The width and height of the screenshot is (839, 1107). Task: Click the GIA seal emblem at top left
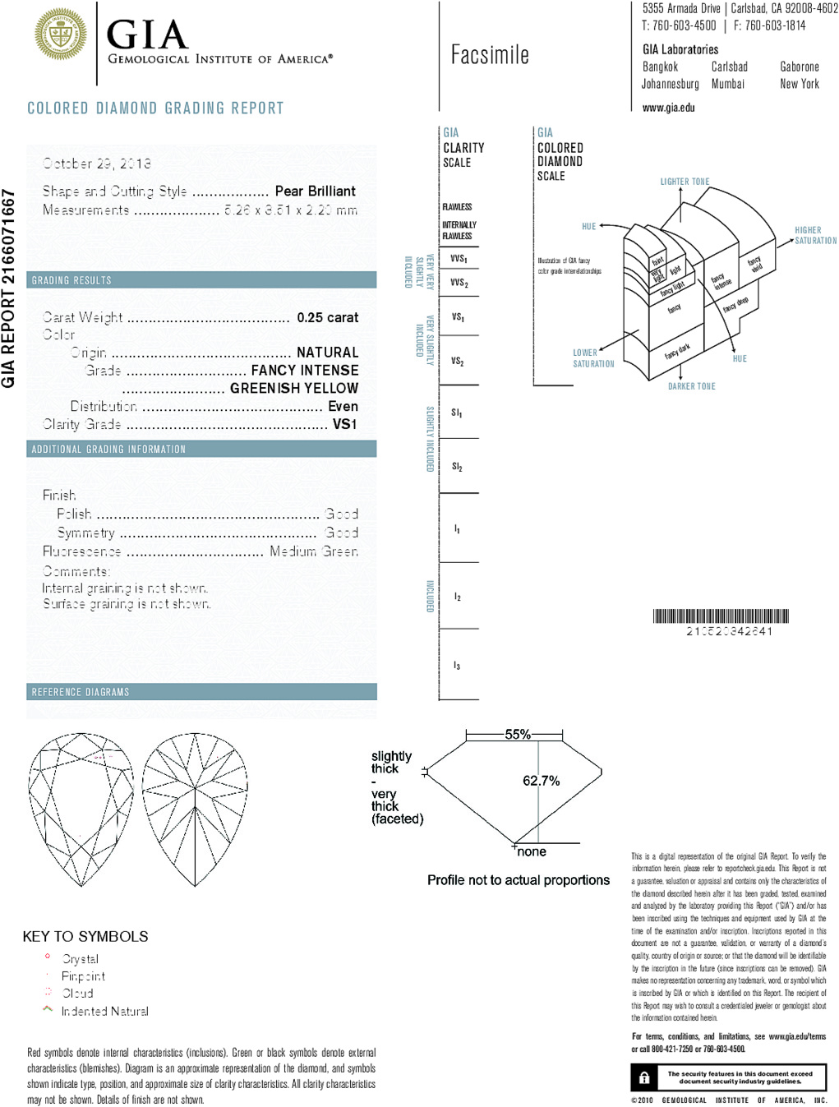point(61,35)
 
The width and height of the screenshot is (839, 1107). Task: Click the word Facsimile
point(490,55)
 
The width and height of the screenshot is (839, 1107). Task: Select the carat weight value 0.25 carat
point(327,317)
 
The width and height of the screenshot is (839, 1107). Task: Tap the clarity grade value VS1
point(344,424)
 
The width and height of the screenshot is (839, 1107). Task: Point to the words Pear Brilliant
point(315,191)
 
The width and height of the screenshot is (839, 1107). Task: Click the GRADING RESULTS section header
point(71,280)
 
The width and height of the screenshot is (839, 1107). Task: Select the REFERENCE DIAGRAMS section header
point(81,692)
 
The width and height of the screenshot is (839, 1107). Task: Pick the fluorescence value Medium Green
point(313,551)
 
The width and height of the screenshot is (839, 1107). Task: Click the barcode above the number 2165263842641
point(721,616)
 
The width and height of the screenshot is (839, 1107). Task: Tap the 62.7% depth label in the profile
point(541,781)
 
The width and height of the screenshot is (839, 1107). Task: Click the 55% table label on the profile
point(518,735)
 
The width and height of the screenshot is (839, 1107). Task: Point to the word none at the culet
point(532,851)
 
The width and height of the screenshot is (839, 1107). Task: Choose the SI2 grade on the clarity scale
point(457,467)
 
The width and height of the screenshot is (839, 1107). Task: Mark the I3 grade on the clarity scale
point(457,666)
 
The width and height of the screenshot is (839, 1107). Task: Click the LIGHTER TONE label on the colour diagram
point(685,182)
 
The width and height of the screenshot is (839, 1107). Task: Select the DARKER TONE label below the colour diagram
point(691,386)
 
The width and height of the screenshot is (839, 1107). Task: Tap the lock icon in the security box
point(644,1077)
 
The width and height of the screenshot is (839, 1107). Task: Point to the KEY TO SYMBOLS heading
point(85,936)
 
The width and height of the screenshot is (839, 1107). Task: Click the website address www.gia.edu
point(668,108)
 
